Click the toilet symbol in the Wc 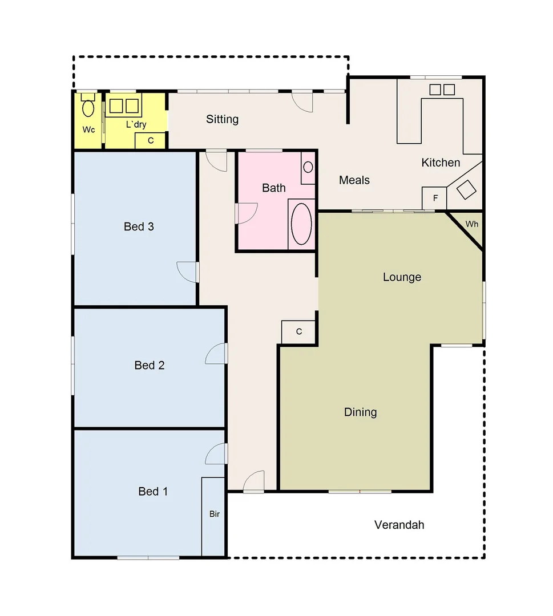(88, 106)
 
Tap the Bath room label (274, 188)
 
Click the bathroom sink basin (308, 167)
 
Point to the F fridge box (435, 198)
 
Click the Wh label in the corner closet (472, 224)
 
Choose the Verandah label (399, 525)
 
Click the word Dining (360, 412)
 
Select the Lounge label (402, 277)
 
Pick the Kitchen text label (441, 163)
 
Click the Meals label (354, 180)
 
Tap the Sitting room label (222, 119)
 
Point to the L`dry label (136, 124)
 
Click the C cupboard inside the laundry (151, 140)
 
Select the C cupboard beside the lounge (299, 331)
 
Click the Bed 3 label (139, 226)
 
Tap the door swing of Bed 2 (216, 354)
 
